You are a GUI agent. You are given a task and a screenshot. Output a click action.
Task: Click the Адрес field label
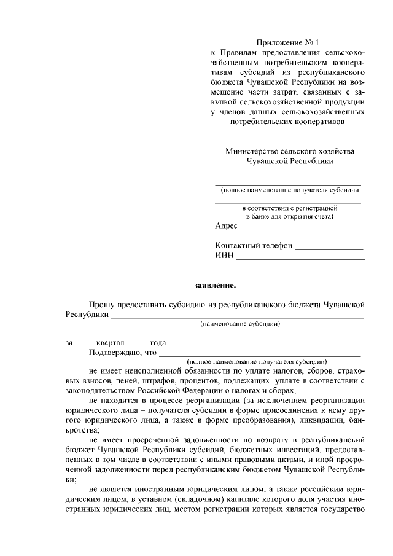pos(226,227)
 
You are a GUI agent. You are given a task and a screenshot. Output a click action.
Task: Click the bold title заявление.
pos(215,285)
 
